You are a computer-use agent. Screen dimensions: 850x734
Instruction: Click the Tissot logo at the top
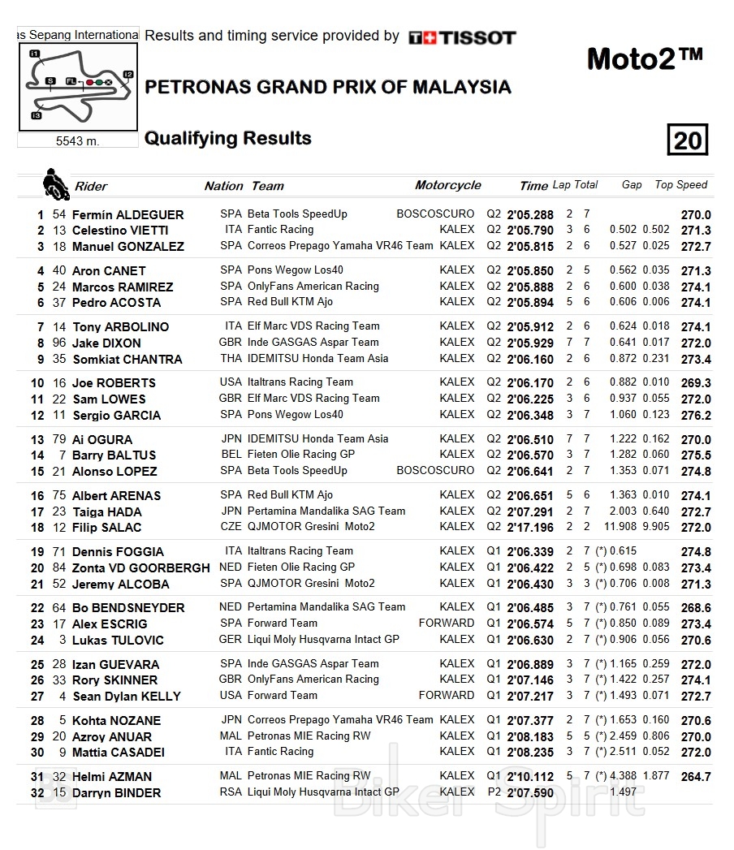[462, 37]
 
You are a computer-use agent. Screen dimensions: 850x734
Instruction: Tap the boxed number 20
[687, 140]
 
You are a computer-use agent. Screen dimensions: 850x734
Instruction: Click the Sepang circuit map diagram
[78, 87]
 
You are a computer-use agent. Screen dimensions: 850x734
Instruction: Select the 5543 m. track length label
[77, 141]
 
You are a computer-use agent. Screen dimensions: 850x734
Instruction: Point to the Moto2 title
[644, 58]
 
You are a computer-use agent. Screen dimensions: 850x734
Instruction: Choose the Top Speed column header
[681, 185]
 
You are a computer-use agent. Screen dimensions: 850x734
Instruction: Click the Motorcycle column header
[447, 185]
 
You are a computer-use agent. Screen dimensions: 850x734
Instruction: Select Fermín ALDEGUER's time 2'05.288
[530, 215]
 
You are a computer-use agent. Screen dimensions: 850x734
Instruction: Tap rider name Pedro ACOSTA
[116, 303]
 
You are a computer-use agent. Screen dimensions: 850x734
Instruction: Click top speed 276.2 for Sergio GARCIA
[696, 416]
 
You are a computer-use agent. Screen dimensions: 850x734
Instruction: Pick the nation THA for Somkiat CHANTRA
[231, 359]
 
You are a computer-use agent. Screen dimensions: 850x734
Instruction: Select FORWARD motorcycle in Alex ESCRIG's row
[446, 623]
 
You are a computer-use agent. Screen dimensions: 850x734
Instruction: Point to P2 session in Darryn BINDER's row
[494, 792]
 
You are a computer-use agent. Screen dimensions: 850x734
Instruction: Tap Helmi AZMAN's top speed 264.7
[696, 777]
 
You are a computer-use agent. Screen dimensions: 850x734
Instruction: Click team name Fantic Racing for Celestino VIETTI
[280, 231]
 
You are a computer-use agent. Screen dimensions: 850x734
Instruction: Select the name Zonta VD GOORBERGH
[140, 568]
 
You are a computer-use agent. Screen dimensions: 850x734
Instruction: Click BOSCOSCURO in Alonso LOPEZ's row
[435, 471]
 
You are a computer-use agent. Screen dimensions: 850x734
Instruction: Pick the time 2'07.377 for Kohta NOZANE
[530, 721]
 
